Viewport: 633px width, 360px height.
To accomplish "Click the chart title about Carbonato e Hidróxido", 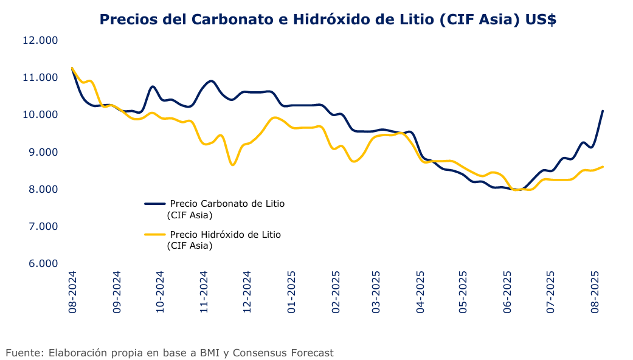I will click(x=328, y=19).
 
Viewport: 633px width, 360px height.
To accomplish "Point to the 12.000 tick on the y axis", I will click(x=40, y=40).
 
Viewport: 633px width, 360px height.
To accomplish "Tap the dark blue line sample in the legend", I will click(x=154, y=204).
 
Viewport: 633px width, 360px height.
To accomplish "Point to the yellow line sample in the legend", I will click(x=154, y=235).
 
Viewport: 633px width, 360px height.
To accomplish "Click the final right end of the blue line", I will click(x=602, y=111).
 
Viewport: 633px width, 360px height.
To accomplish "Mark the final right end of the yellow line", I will click(x=602, y=166).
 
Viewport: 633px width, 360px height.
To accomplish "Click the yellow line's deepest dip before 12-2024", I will click(x=232, y=165).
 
